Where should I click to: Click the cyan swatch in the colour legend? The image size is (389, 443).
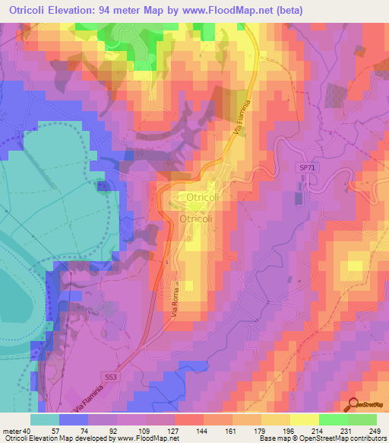click(x=45, y=419)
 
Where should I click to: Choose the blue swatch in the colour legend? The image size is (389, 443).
click(x=74, y=419)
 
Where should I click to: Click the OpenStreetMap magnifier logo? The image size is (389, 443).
click(x=353, y=403)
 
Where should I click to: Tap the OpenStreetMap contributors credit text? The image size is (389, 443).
click(x=341, y=438)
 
